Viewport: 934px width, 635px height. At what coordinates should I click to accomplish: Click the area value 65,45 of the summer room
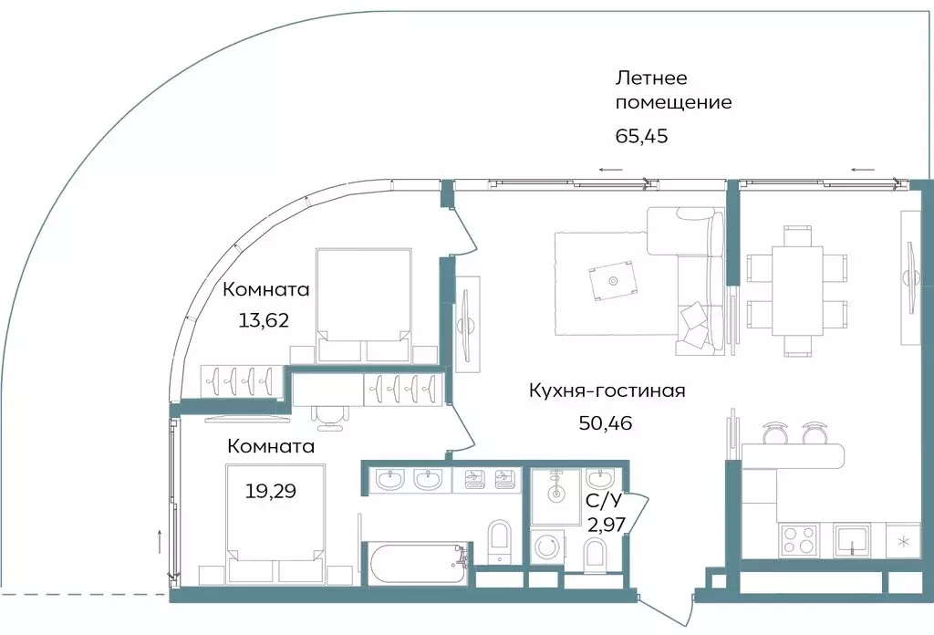coord(642,138)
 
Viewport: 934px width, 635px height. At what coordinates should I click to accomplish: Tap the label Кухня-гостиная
coord(607,391)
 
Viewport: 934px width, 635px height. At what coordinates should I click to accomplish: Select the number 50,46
coord(606,422)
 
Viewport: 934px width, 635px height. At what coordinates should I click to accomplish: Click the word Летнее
coord(650,78)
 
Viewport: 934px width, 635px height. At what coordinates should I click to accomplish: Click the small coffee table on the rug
coord(612,280)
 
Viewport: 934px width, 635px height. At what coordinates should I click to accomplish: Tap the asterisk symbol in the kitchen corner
coord(903,541)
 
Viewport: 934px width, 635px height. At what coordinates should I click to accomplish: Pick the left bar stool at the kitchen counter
coord(774,429)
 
